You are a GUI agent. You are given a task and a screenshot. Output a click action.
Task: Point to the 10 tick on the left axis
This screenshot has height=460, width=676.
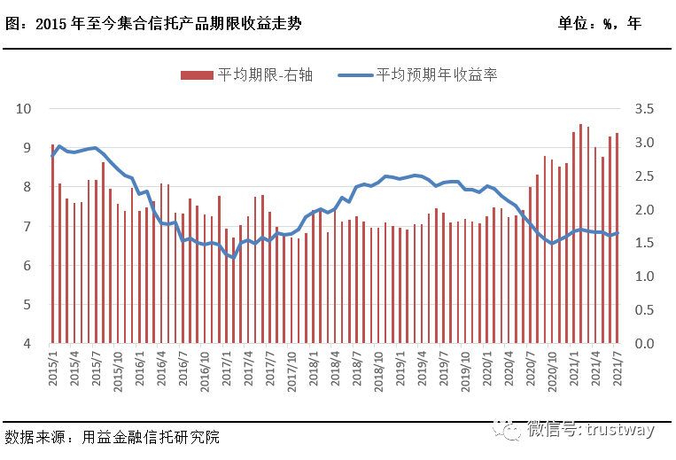click(24, 109)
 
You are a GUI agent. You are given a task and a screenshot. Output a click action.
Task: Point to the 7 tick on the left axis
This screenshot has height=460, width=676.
click(27, 227)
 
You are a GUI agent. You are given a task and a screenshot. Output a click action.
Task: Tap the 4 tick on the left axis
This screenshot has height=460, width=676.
click(27, 344)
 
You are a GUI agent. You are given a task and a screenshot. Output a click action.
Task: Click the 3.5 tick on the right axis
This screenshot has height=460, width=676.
click(644, 109)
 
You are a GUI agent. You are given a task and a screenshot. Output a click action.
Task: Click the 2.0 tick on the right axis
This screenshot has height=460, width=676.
click(644, 210)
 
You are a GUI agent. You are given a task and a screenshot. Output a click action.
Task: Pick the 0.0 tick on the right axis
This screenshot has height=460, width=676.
click(644, 344)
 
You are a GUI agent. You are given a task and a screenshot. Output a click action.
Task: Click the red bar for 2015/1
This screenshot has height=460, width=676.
click(52, 244)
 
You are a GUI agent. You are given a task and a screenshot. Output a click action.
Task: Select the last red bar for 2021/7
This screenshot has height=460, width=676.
click(618, 238)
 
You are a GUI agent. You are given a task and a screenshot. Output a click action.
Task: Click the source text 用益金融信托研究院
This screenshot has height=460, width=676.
click(152, 438)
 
